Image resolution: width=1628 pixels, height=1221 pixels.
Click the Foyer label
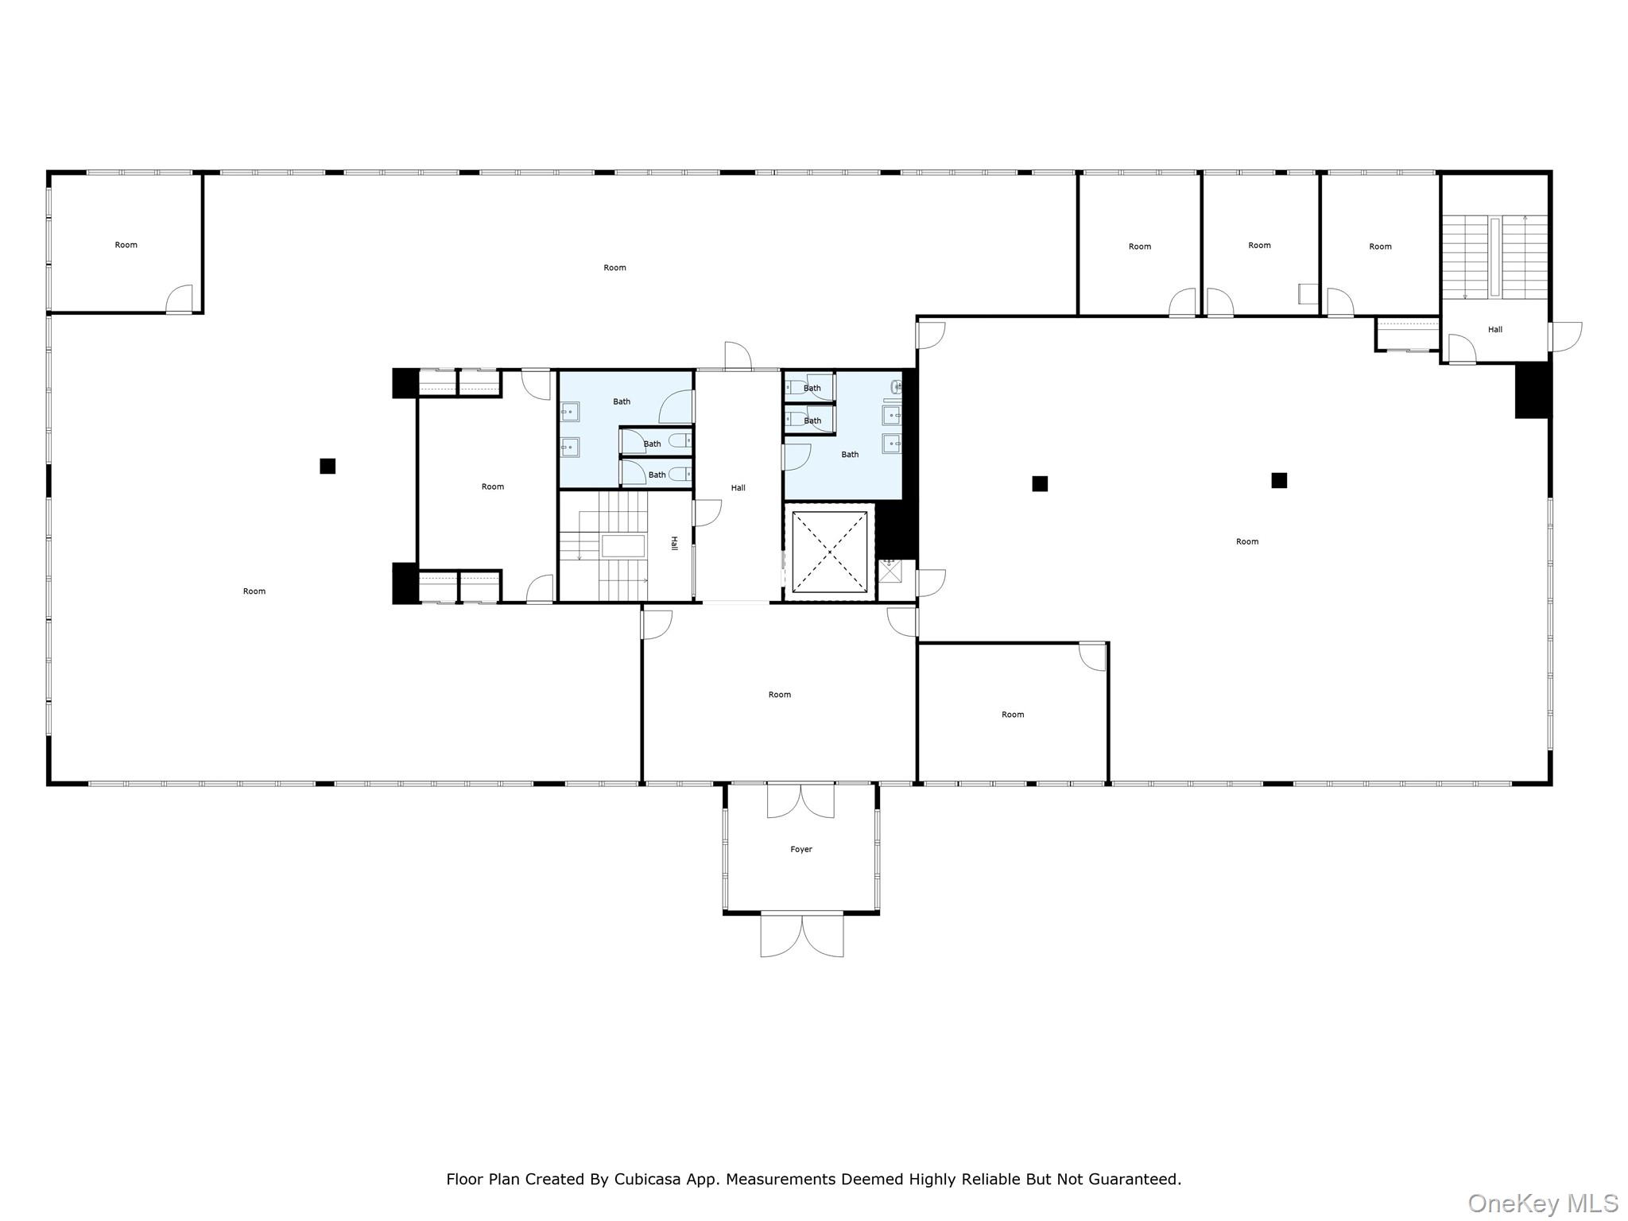pyautogui.click(x=800, y=849)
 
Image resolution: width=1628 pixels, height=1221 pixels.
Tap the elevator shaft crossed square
pyautogui.click(x=829, y=552)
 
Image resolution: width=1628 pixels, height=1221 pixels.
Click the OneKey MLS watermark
pyautogui.click(x=1542, y=1203)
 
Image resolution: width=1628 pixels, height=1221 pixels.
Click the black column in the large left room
pyautogui.click(x=328, y=466)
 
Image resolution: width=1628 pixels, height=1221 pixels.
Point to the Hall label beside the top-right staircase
pyautogui.click(x=1494, y=329)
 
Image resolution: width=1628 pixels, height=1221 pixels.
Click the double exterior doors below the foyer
pyautogui.click(x=801, y=935)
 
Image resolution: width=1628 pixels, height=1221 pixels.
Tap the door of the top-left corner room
pyautogui.click(x=180, y=299)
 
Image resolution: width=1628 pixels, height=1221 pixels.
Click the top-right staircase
pyautogui.click(x=1494, y=256)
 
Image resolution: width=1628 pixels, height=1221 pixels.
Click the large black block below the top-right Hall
pyautogui.click(x=1532, y=390)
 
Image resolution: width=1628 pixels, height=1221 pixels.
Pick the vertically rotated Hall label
pyautogui.click(x=674, y=543)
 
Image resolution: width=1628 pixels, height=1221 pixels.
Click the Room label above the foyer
pyautogui.click(x=779, y=694)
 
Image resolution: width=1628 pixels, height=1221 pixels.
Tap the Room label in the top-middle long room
pyautogui.click(x=614, y=267)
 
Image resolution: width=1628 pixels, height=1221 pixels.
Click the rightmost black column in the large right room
pyautogui.click(x=1278, y=480)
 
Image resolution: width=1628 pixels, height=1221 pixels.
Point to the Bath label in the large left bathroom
pyautogui.click(x=621, y=401)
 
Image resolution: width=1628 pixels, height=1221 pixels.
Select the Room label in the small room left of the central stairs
pyautogui.click(x=492, y=486)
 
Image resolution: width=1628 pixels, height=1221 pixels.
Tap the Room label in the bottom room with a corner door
pyautogui.click(x=1012, y=714)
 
